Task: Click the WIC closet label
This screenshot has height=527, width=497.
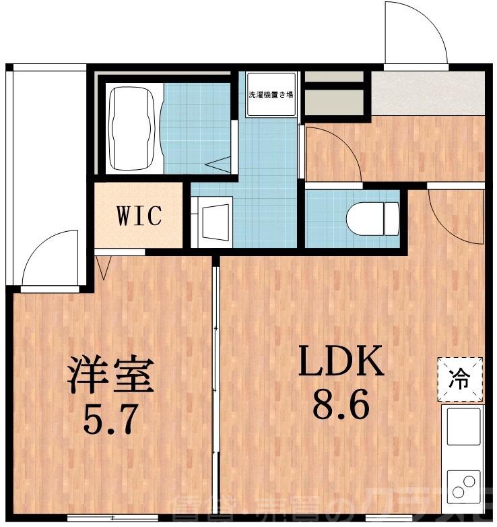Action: point(139,216)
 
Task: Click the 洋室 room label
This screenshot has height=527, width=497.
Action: point(110,377)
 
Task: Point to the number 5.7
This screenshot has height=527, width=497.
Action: point(112,419)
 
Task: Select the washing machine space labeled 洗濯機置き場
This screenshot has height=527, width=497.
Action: point(270,95)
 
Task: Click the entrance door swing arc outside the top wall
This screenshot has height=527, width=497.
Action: point(414,35)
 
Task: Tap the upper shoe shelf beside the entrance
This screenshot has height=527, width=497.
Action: point(334,75)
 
